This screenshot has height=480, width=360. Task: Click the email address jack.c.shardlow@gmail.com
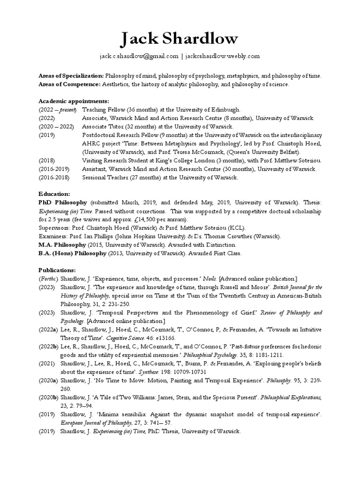coord(139,56)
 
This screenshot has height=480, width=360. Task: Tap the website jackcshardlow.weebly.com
coord(222,56)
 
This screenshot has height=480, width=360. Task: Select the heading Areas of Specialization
coord(71,75)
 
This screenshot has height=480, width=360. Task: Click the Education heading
coord(54,194)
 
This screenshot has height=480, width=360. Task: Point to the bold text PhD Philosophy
coord(63,202)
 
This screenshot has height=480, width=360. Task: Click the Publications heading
coord(57,270)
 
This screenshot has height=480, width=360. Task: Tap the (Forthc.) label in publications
coord(49,279)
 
